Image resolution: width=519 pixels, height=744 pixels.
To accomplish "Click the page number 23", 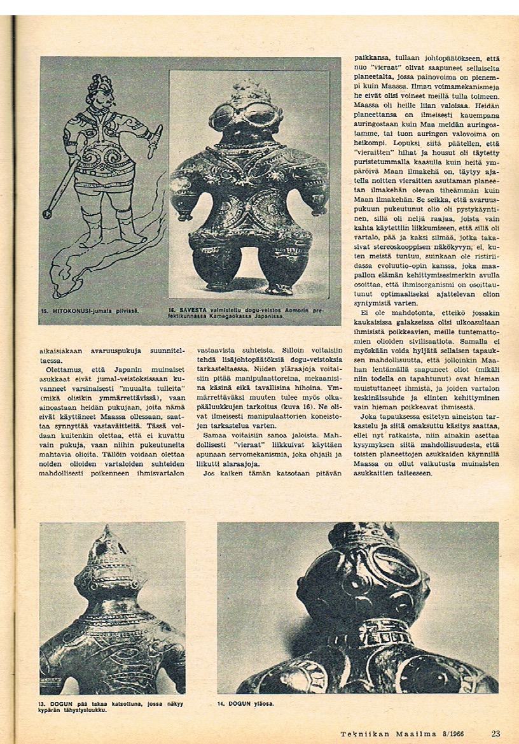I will [x=495, y=733].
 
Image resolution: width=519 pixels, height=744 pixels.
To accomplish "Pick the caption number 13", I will [x=43, y=703].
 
